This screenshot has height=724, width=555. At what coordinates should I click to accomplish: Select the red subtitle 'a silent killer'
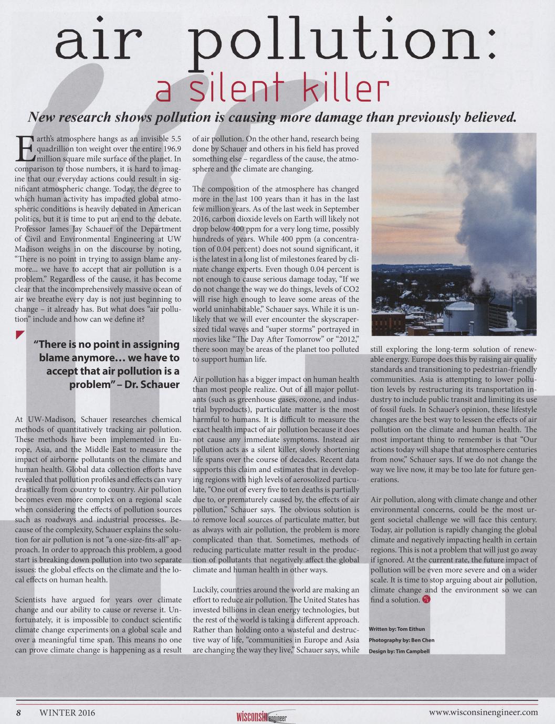273,90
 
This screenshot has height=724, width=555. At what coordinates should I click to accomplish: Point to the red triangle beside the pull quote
20,335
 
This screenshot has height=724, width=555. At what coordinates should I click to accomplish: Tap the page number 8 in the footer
18,712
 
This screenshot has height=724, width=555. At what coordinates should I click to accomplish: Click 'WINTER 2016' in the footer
67,712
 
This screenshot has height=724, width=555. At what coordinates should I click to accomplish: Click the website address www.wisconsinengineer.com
483,712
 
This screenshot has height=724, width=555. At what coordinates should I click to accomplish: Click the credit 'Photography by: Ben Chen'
402,640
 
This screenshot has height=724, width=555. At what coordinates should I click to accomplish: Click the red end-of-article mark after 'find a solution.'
426,600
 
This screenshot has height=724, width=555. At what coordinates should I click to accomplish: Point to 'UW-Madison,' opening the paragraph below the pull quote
50,419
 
